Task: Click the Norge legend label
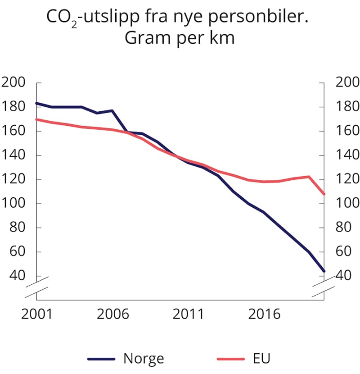coord(144,359)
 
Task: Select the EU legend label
coord(260,359)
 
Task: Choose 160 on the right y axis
coord(348,131)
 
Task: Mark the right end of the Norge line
coord(324,271)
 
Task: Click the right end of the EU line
coord(324,194)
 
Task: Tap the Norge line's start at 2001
coord(36,103)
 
